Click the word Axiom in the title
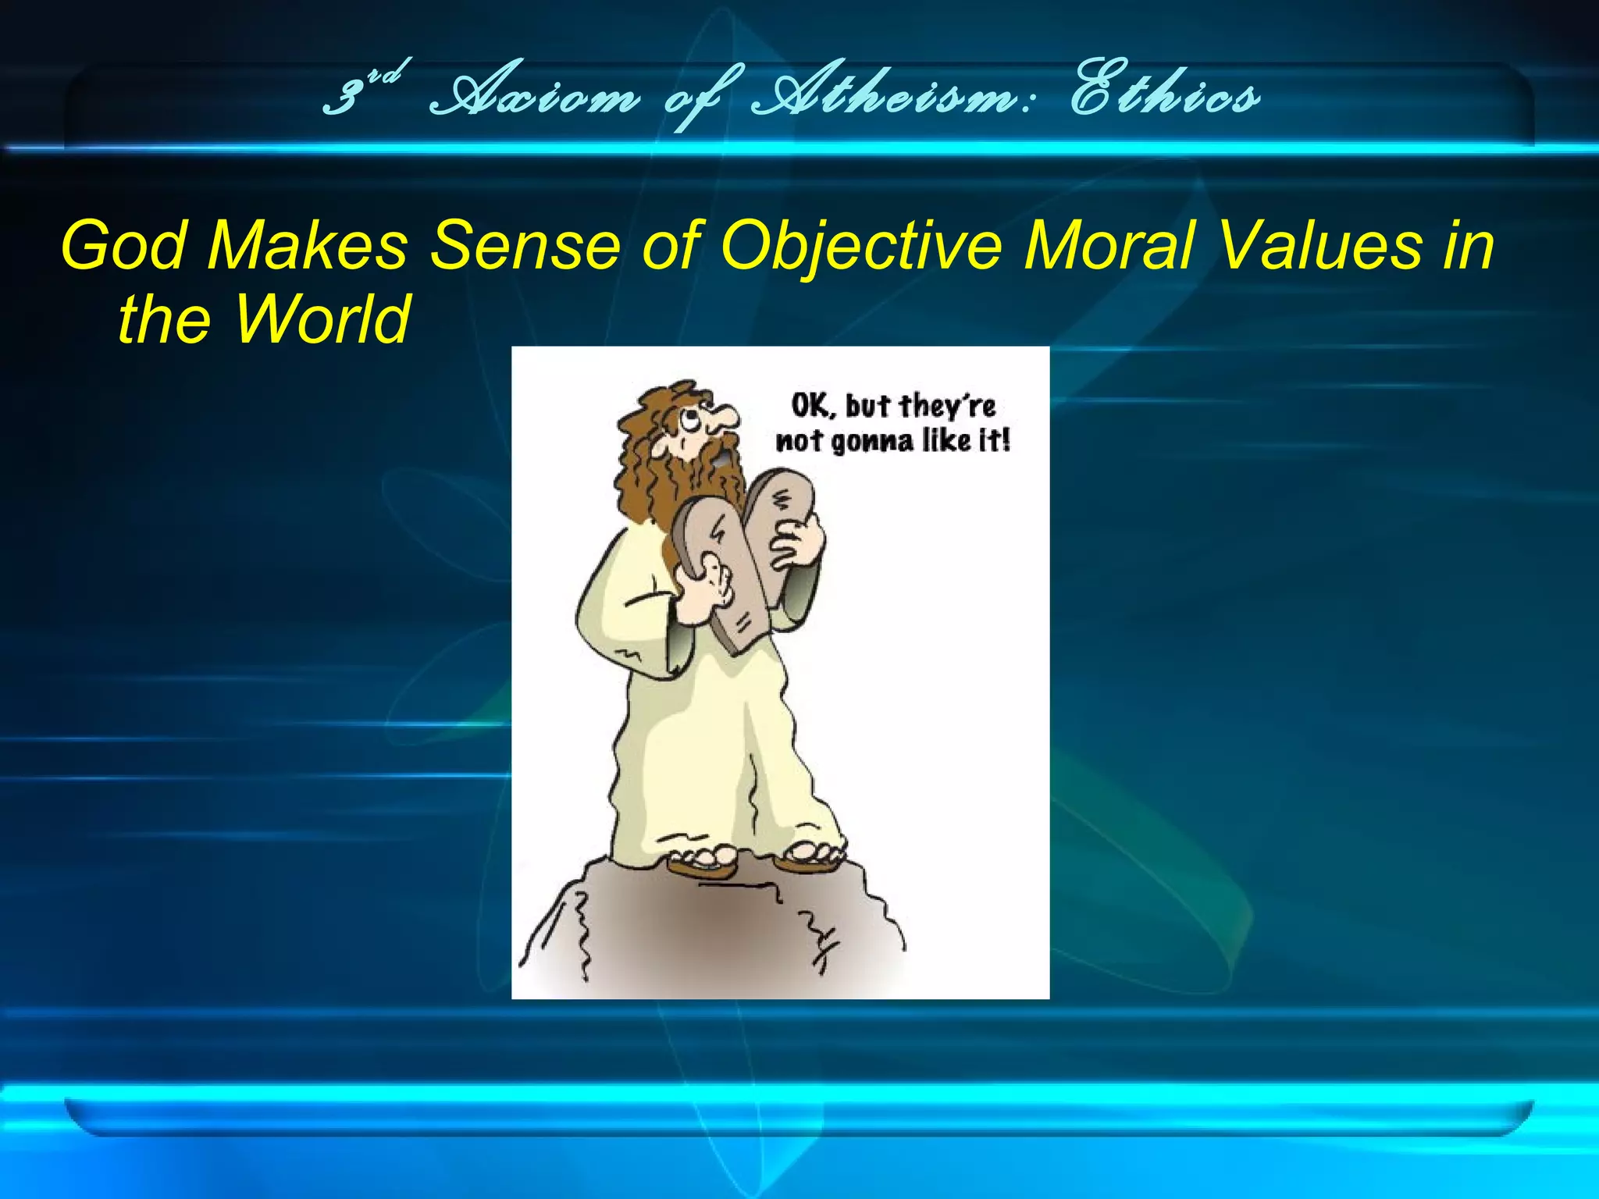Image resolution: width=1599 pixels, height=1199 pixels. (x=536, y=98)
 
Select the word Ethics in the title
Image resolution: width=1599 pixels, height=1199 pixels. (x=1163, y=98)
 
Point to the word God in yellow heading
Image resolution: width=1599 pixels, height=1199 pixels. (x=125, y=245)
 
